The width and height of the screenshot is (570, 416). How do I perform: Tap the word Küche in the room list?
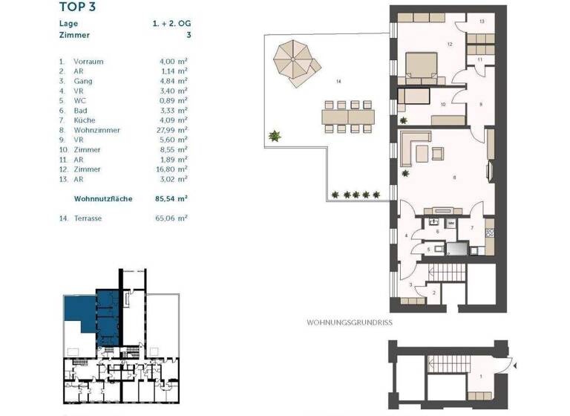[x=85, y=120]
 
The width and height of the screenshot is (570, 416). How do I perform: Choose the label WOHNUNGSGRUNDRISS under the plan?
[x=349, y=322]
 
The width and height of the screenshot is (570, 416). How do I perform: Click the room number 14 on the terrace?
[x=338, y=80]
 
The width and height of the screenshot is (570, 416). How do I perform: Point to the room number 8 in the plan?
[x=454, y=178]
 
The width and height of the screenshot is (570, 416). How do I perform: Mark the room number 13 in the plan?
[x=482, y=22]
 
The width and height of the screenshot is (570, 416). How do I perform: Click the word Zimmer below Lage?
[x=74, y=35]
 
